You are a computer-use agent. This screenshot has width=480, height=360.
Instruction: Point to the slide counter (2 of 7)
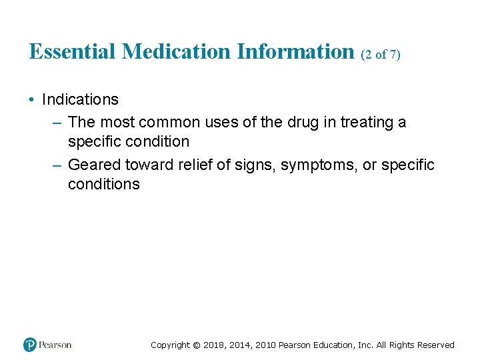[381, 55]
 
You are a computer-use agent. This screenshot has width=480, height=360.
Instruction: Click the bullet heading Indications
[80, 100]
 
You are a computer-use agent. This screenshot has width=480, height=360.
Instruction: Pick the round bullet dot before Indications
[32, 100]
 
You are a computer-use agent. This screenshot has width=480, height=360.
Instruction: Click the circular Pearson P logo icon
[30, 345]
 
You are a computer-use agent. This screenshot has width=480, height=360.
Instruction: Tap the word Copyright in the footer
[169, 345]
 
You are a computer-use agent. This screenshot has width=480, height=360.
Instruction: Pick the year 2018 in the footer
[214, 345]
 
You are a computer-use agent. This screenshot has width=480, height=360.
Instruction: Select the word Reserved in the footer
[436, 345]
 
